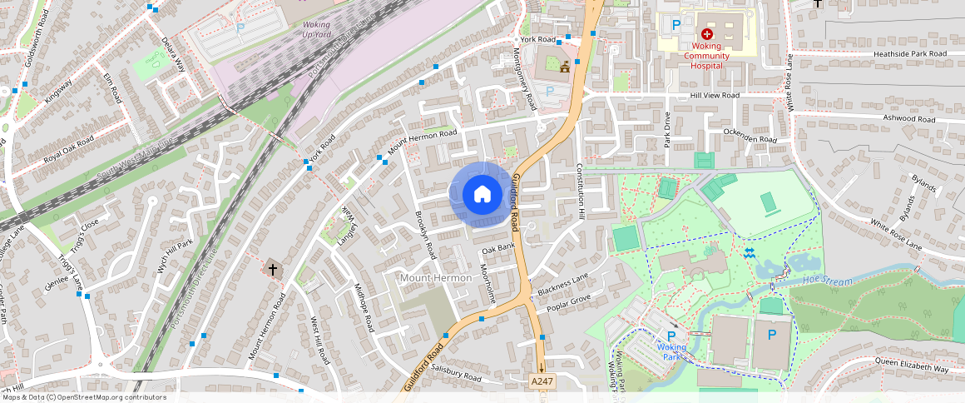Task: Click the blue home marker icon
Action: [482, 195]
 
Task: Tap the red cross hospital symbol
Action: [707, 34]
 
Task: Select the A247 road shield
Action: [542, 381]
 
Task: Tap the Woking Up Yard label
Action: [315, 30]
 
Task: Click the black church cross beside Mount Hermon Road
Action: [273, 269]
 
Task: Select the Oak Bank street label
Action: [498, 247]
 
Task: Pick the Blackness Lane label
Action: [563, 284]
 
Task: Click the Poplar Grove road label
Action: [569, 302]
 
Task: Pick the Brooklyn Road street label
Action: [426, 234]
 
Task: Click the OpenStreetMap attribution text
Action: [83, 397]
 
